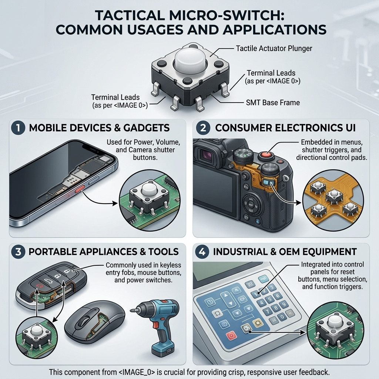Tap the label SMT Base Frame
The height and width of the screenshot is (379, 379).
point(273,103)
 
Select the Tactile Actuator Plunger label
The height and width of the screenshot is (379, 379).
point(274,48)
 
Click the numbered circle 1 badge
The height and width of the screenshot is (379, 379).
point(18,128)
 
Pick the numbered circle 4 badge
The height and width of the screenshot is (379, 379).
point(202,252)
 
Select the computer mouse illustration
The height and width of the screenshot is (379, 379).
point(95,322)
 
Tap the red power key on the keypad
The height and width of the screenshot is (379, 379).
point(231,335)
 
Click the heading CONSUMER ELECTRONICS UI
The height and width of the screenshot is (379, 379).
point(285,128)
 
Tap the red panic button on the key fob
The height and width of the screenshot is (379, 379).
point(39,286)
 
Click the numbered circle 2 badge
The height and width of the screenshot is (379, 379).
point(203,128)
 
